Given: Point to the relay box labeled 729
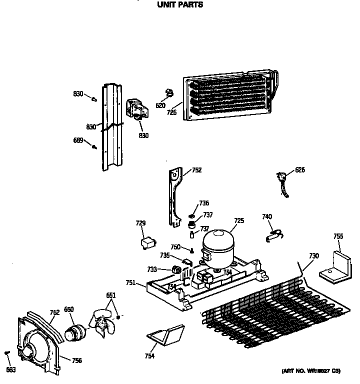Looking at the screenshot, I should pos(146,243).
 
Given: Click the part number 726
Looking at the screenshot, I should pos(171,112).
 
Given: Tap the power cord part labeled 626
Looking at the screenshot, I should pos(283,181).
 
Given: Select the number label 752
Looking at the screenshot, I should pos(196,170).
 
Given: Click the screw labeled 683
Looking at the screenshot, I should pos(7,353).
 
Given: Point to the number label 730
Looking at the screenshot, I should pos(313,256).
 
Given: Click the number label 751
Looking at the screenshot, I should pos(130,282).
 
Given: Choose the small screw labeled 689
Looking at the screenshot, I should pos(93,146).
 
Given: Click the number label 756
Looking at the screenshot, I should pos(76,360).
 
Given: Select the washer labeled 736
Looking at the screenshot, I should pos(191,208).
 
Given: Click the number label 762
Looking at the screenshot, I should pos(54,313).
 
